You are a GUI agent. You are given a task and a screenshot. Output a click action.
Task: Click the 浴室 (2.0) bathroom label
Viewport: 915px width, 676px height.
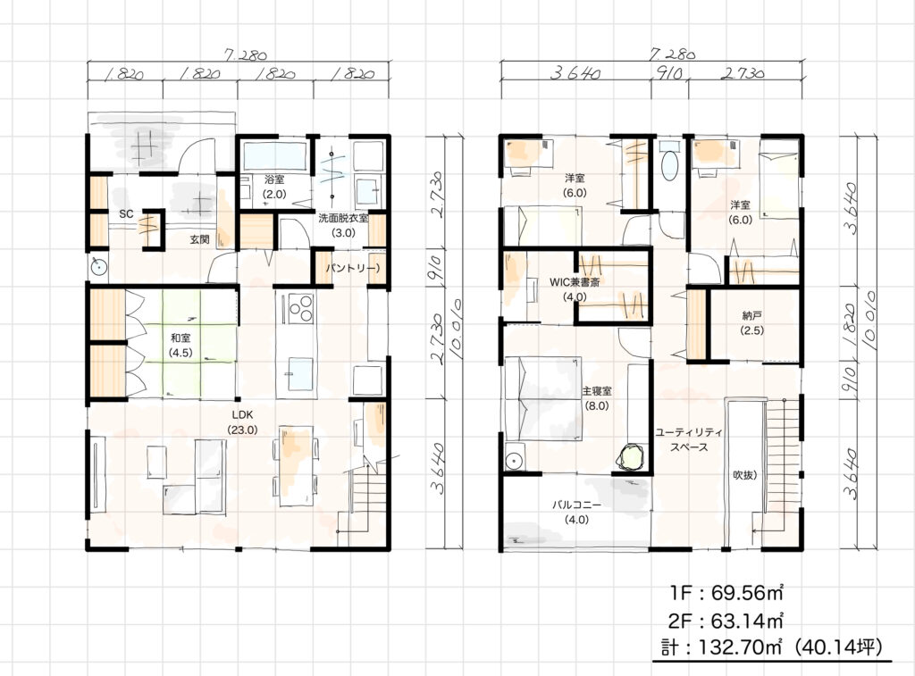[273, 187]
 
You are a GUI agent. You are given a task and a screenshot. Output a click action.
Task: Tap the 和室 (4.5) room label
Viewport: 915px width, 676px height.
[180, 346]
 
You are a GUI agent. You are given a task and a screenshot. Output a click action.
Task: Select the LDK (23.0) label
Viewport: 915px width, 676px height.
[242, 422]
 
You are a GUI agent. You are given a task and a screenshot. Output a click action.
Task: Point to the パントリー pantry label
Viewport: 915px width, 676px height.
[353, 268]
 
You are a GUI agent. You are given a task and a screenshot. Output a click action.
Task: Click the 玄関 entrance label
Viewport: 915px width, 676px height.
[199, 239]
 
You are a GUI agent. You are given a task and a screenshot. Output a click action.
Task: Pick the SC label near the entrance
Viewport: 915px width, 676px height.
[126, 214]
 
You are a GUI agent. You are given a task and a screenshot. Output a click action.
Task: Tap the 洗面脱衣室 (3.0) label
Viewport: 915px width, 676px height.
[343, 225]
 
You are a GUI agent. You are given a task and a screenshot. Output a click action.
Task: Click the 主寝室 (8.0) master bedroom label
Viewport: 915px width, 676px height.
[596, 397]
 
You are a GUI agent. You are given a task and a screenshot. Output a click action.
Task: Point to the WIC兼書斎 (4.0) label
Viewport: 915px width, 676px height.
[575, 289]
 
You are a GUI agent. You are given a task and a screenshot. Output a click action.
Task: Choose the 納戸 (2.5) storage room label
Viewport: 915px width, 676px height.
[752, 322]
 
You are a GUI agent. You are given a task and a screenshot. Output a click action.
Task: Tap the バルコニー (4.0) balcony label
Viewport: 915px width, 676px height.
[576, 512]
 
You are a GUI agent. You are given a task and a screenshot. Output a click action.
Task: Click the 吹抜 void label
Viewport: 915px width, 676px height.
[745, 475]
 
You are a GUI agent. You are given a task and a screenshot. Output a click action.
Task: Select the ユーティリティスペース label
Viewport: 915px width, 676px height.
[689, 439]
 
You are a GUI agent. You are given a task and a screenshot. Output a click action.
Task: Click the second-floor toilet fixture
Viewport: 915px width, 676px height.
[669, 160]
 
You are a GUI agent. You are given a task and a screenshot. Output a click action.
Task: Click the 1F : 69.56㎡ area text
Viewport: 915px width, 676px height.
[726, 593]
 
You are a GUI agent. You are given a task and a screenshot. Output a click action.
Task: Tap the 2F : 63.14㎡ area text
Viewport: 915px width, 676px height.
[726, 620]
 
